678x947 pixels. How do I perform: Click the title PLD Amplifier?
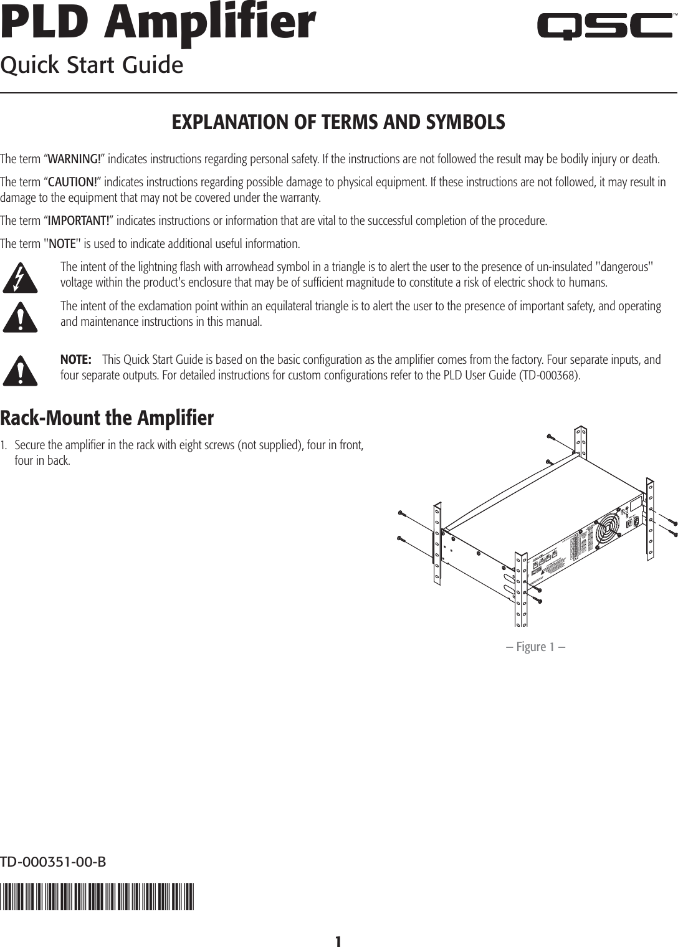tap(158, 23)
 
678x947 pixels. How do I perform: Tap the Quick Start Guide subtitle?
tap(92, 65)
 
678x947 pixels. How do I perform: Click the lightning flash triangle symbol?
tap(20, 278)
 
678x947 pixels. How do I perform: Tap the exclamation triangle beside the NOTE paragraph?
tap(20, 370)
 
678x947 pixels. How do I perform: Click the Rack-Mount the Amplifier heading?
tap(107, 418)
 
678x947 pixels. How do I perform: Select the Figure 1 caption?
tap(536, 647)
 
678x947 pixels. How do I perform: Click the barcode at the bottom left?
tap(97, 897)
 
